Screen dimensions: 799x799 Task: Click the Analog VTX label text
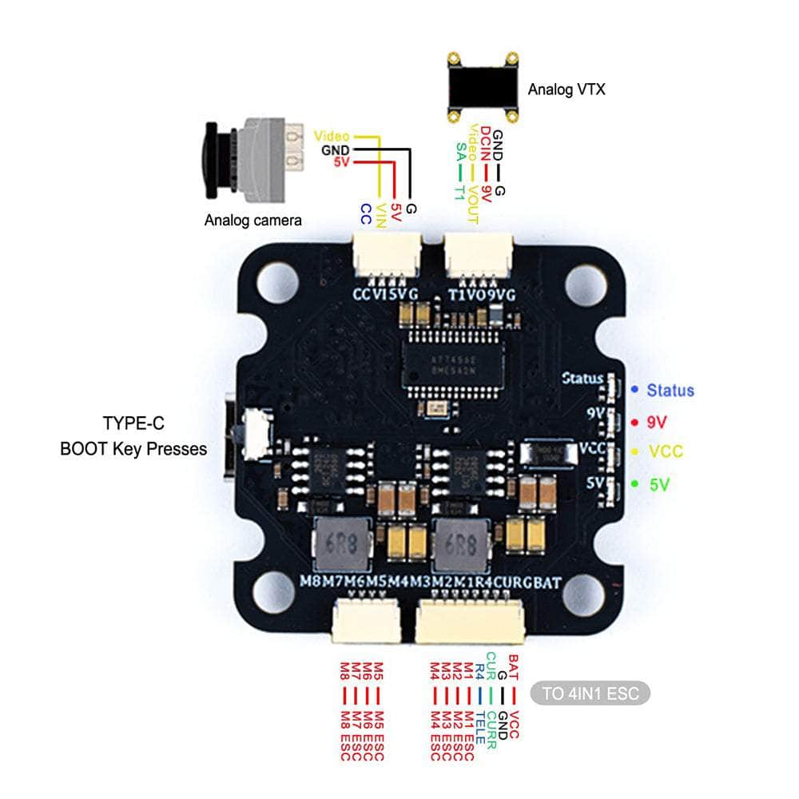[x=566, y=89]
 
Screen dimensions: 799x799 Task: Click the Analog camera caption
[x=252, y=220]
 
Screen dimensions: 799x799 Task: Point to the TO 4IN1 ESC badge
[x=590, y=693]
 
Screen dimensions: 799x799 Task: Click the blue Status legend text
[x=670, y=391]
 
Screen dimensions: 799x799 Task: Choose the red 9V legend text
[x=659, y=421]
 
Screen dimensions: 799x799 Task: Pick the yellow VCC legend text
[x=666, y=451]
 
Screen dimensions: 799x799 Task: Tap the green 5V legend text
[x=659, y=483]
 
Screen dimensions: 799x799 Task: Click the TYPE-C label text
[x=133, y=423]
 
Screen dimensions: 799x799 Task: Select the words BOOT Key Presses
[x=133, y=449]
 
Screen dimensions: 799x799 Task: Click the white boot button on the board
[x=256, y=435]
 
